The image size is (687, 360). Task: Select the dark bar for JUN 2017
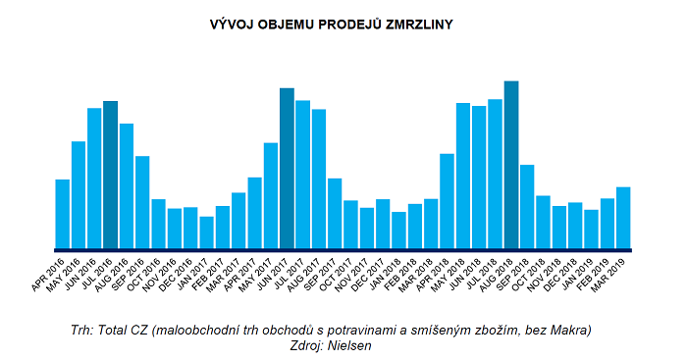(x=287, y=168)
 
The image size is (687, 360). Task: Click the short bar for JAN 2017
(x=206, y=232)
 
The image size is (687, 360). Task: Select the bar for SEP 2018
(x=527, y=206)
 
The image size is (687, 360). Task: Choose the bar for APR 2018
(x=447, y=201)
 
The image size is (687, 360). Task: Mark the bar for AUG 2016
(x=127, y=185)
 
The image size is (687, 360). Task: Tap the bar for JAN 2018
(x=398, y=230)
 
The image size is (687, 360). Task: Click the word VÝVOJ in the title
(x=232, y=21)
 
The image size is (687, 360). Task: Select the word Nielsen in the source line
(x=354, y=344)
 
